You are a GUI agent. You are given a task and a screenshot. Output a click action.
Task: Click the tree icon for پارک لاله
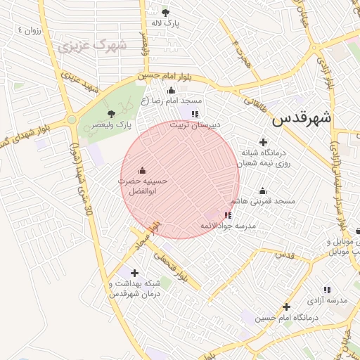pos(166,13)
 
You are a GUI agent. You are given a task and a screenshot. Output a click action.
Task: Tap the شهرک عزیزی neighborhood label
pos(92,47)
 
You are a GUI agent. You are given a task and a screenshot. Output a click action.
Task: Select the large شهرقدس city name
pos(302,117)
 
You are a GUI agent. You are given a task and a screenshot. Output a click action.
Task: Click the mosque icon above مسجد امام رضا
pos(171,90)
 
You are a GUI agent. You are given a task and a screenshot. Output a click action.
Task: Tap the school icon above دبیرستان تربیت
pos(195,113)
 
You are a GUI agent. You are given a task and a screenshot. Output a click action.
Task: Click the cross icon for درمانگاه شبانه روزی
pos(263,142)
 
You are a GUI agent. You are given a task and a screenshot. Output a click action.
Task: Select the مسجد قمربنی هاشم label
pos(266,201)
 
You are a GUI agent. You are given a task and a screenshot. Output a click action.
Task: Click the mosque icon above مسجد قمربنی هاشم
pos(263,191)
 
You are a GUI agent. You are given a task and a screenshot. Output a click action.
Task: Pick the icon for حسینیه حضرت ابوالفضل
pos(143,170)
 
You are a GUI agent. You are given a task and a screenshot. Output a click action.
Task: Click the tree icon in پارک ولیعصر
pos(110,113)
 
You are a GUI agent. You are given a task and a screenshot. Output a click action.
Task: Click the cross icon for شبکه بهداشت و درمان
pos(134,273)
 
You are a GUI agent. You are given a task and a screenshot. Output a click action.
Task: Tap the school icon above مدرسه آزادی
pos(327,290)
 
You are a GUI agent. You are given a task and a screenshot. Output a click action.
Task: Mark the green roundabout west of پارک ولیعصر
pos(72,120)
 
